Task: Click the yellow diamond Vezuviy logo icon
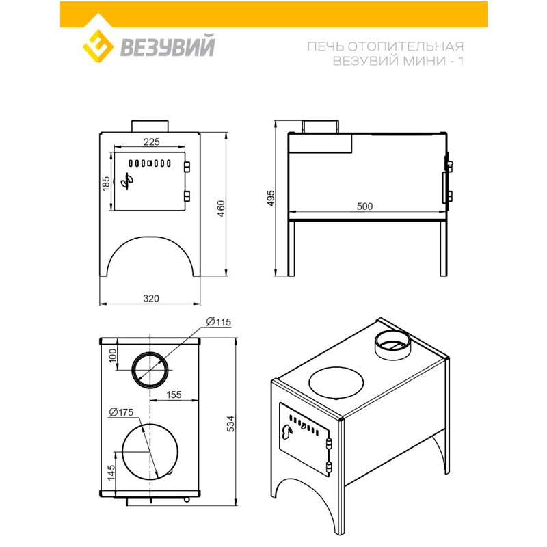coord(98,46)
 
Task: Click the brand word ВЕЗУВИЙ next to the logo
coord(168,46)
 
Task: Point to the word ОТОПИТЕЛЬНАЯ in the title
coord(405,46)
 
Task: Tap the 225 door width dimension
coord(151,142)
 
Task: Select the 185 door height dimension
coord(106,184)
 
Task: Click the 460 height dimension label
coord(221,209)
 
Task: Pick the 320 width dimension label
coord(151,298)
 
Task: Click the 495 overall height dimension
coord(271,198)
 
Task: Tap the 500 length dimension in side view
coord(364,206)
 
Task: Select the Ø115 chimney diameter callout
coord(219,322)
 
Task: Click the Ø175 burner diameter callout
coord(121,412)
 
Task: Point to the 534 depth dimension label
coord(231,424)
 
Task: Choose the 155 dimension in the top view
coord(174,395)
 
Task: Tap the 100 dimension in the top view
coord(113,356)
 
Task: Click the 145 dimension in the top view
coord(111,472)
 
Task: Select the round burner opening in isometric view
coord(336,383)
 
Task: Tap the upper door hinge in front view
coord(187,166)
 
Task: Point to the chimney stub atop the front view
coord(150,126)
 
